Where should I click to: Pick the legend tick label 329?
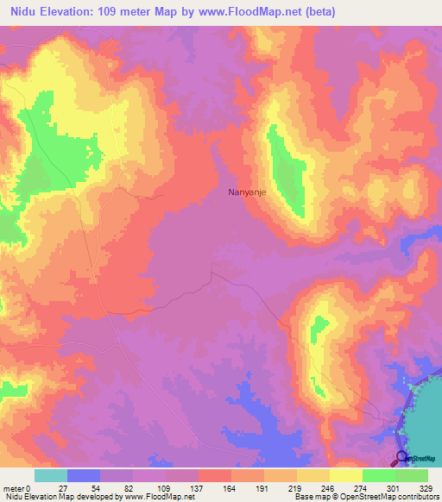pyautogui.click(x=428, y=488)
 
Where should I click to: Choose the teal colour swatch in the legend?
pyautogui.click(x=50, y=475)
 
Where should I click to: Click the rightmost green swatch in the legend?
pyautogui.click(x=412, y=475)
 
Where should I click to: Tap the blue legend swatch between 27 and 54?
pyautogui.click(x=83, y=475)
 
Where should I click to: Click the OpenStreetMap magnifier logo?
pyautogui.click(x=401, y=457)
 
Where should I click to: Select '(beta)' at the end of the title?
pyautogui.click(x=317, y=12)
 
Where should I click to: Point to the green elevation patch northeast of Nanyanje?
pyautogui.click(x=287, y=168)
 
